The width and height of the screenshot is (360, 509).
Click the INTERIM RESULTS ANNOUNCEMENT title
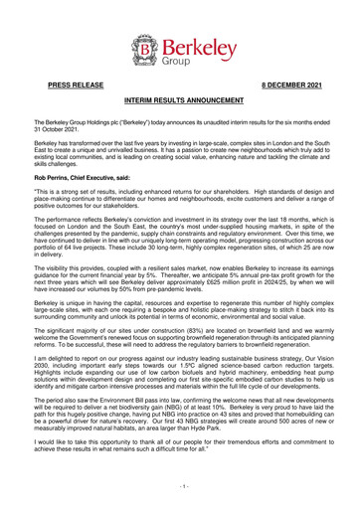tap(179, 102)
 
